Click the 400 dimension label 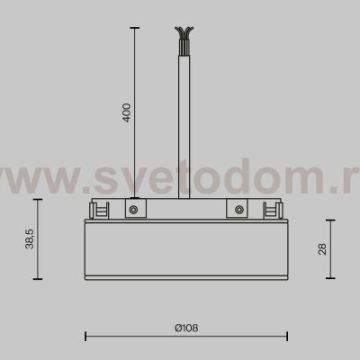(x=126, y=113)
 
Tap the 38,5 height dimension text (x=31, y=240)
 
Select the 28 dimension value (x=322, y=248)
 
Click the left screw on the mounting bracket (x=132, y=210)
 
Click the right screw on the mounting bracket (x=239, y=210)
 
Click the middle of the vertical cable (x=185, y=117)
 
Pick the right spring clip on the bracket (x=269, y=210)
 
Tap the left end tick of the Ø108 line (x=85, y=337)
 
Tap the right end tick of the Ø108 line (x=286, y=337)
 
